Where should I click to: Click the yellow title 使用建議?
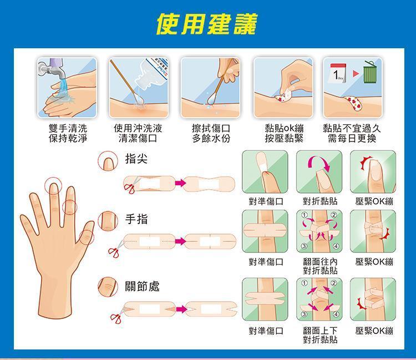pos(206,24)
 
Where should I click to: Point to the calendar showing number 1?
pos(338,73)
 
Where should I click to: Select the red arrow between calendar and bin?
pos(356,73)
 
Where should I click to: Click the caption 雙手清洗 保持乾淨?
pos(68,133)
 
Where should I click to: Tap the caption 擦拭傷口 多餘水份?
pos(211,133)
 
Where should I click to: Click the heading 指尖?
pos(136,159)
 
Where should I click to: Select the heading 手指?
pos(136,220)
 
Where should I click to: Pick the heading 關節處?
pos(142,286)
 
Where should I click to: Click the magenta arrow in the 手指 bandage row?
pos(180,241)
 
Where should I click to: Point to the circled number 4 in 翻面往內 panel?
pos(336,246)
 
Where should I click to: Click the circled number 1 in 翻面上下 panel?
pos(304,283)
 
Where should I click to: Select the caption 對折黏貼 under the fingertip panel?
pos(320,201)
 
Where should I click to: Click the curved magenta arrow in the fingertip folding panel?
pos(319,163)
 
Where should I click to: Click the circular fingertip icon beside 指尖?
pos(108,161)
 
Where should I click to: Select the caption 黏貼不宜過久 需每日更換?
pos(352,133)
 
